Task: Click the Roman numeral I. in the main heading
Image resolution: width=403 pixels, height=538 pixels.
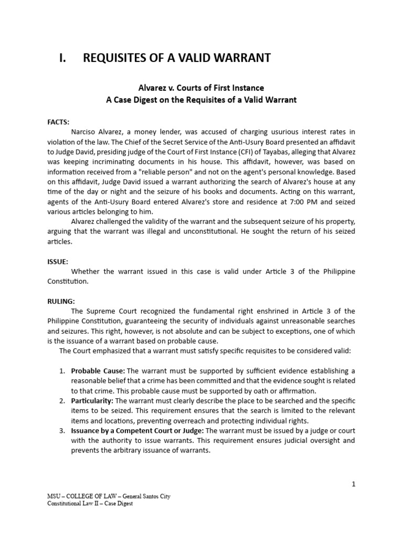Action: point(65,58)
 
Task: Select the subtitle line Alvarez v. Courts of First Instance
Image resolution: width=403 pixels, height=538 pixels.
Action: point(201,88)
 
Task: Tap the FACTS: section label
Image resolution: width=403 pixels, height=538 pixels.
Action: point(58,121)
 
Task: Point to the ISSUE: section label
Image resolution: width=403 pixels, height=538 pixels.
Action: point(58,261)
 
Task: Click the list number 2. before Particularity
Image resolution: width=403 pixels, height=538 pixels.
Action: point(62,401)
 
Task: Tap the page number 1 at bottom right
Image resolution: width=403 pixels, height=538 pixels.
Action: point(354,484)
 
